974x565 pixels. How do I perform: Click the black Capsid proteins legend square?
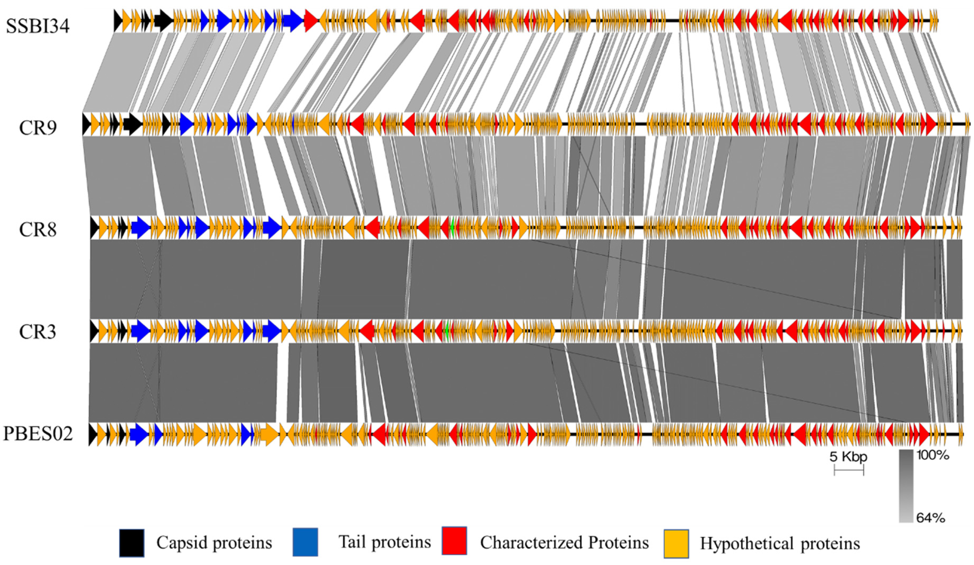pos(132,543)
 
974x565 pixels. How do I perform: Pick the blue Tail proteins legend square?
pos(305,542)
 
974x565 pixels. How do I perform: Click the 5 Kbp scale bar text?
pos(848,457)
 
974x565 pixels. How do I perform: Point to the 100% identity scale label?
pos(932,455)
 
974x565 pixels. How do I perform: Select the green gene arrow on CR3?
pos(447,331)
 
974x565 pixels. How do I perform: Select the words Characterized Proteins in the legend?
pos(564,542)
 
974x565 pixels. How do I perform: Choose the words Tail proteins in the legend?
pos(385,542)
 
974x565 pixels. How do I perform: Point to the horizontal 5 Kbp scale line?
pos(848,470)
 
